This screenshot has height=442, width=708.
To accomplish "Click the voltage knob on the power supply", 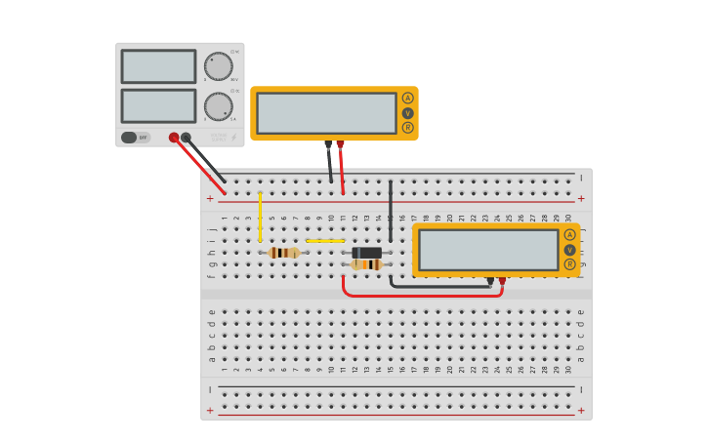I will pos(218,66).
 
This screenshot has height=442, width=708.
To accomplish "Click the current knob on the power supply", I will pos(218,106).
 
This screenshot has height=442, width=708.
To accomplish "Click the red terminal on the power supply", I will pos(174,138).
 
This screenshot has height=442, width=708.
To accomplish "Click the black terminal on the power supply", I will pos(186,138).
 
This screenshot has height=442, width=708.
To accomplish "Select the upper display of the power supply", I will pos(158,66).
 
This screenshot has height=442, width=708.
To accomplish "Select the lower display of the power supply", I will pos(158,105).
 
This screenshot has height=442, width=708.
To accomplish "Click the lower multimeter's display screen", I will pos(488,250).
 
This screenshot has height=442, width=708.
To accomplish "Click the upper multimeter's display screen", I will pos(326,113).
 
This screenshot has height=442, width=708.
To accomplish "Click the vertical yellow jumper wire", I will pos(260,217).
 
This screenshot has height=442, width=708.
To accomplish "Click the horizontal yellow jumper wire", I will pos(325,240).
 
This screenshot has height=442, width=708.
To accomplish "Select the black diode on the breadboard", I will pos(367,253).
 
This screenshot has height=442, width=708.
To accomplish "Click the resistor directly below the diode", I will pos(367,264).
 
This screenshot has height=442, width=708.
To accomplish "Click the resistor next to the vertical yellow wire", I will pos(283,253).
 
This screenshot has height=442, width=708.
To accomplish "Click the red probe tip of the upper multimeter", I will pos(340,144).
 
